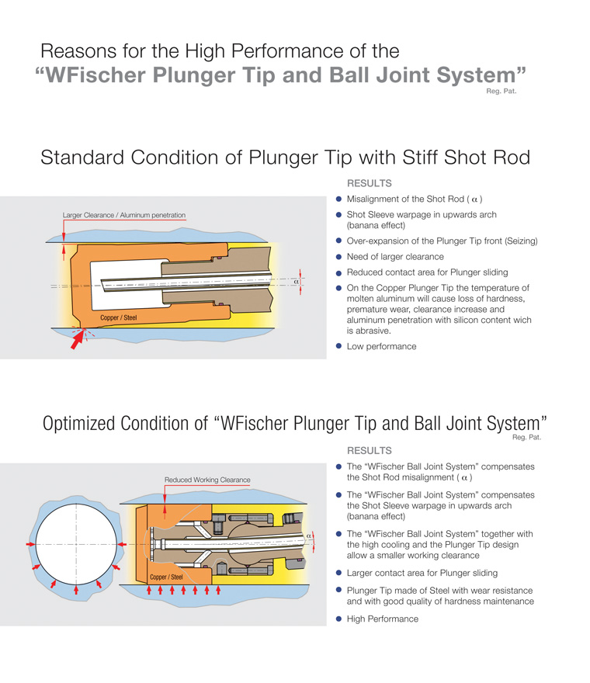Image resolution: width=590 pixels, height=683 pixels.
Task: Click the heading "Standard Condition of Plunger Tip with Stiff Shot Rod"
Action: coord(285,158)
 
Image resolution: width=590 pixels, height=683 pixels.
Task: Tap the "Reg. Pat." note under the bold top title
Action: coord(501,92)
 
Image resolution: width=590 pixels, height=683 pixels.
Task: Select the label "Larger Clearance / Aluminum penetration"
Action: coord(124,215)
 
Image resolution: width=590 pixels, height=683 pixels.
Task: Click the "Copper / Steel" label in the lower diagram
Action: coord(167,577)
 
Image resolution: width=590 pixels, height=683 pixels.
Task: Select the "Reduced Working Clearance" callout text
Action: coord(207,480)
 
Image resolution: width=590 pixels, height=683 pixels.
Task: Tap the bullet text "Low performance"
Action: coord(381,346)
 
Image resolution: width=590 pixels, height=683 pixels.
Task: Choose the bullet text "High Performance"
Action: coord(382,619)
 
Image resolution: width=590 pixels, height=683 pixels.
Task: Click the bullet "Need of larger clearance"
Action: coord(395,256)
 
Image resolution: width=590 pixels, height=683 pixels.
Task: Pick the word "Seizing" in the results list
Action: coord(518,241)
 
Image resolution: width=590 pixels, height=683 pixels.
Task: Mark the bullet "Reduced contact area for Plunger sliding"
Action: coord(428,272)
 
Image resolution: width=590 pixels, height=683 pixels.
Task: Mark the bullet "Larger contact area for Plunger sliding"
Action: coord(422,573)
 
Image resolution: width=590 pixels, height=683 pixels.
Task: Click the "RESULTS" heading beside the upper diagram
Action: coord(369,184)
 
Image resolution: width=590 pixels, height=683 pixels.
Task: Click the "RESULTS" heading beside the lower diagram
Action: coord(369,450)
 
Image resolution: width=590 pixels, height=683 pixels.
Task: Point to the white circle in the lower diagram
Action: coord(75,544)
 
